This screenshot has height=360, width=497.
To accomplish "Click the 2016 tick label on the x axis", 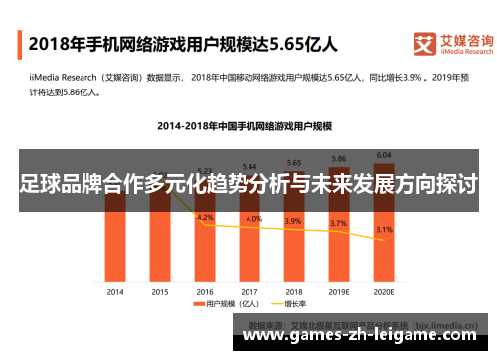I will [x=206, y=291].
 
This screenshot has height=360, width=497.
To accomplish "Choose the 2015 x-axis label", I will [x=160, y=291].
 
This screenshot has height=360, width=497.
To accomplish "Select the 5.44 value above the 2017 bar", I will [x=250, y=165].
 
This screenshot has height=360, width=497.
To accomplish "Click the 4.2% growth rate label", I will [x=206, y=217].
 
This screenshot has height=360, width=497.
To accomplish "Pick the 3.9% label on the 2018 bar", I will [x=295, y=221].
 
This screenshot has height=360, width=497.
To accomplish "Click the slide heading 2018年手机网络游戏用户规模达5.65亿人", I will [x=183, y=44].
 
